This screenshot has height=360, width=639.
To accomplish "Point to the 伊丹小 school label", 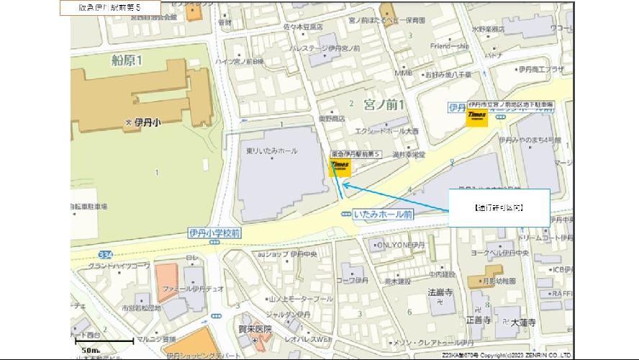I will pos(145,123).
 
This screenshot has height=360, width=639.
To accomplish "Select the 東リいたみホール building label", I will pos(273,150).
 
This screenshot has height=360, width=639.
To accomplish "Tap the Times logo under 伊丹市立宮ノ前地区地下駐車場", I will pos(476,117).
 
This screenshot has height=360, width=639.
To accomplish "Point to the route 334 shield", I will pos(106,255).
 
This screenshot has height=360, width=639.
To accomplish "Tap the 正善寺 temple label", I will pos(478,318).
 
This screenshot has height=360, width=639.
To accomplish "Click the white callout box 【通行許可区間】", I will pos(499,207).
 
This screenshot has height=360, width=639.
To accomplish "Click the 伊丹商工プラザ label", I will pos(541,69).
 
